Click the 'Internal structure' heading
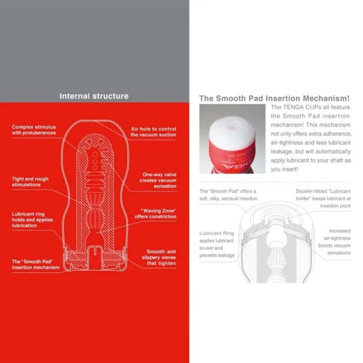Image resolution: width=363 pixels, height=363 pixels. (x=94, y=96)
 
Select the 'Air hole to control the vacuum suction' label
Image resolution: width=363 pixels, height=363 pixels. (x=153, y=132)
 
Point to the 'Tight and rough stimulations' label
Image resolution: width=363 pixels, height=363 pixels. (x=30, y=181)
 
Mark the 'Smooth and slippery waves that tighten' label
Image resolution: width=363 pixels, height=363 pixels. (x=160, y=257)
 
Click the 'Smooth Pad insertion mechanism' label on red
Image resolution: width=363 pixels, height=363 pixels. (x=35, y=264)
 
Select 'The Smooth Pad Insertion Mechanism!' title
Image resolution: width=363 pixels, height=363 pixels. (x=274, y=98)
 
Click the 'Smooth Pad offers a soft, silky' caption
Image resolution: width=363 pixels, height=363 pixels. (x=228, y=195)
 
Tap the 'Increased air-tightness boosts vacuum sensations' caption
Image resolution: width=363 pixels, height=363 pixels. (x=331, y=242)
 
